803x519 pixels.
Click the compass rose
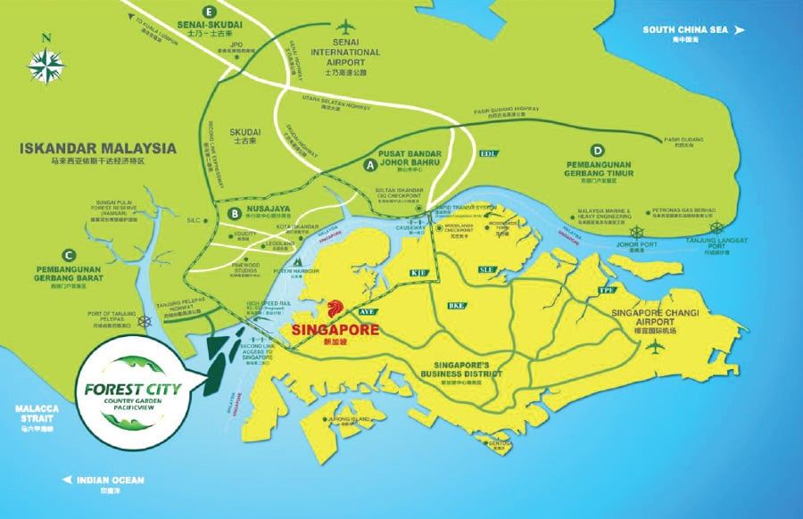pos(44,66)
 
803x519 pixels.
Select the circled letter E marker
pos(210,12)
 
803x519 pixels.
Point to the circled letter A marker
pos(369,165)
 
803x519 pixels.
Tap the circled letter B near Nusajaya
pos(234,213)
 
